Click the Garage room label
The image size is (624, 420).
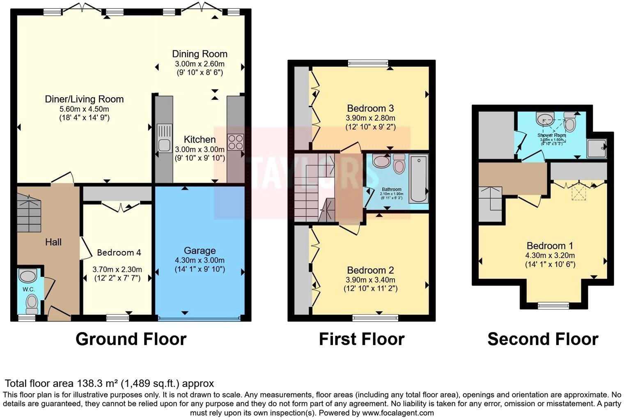point(200,251)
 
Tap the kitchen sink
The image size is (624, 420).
point(165,139)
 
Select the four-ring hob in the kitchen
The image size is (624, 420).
point(236,142)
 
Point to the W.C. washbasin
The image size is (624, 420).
point(28,276)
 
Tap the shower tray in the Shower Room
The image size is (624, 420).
point(596,148)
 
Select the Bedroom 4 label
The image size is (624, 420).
point(119,252)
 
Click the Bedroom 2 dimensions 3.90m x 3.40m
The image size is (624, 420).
point(370,280)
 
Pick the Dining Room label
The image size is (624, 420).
point(200,54)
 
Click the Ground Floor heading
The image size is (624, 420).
point(131,339)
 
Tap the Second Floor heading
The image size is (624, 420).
point(542,339)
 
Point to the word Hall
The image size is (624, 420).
point(53,242)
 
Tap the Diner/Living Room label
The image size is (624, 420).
point(84,99)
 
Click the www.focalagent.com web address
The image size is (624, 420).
point(398,413)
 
